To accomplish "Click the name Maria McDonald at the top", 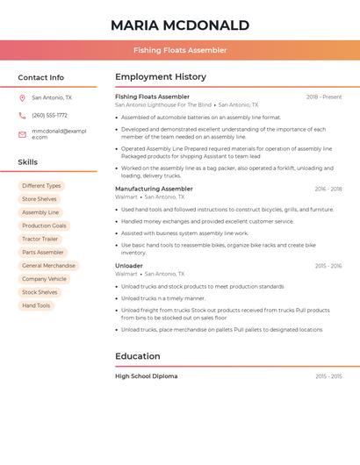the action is pos(180,25).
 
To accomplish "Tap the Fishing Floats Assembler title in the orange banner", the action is pos(180,50).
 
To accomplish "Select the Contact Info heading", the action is pos(41,77).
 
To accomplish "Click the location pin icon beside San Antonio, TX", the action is pos(22,98).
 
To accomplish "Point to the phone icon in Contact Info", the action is pos(22,115).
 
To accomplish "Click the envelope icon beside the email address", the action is pos(22,134).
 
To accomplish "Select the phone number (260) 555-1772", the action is pos(49,115).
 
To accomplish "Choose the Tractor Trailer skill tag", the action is pos(40,239).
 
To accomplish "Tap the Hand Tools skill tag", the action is pos(37,305).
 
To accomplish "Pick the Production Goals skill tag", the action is pos(44,225).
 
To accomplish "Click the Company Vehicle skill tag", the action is pos(44,279).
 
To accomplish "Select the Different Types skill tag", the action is pos(41,185).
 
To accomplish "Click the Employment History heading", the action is pos(161,77).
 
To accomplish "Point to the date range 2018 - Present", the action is pos(324,97).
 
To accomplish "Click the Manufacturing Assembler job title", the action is pos(154,189).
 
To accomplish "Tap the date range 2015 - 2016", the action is pos(328,265).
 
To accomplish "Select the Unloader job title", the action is pos(129,265).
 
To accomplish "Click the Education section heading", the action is pos(138,356).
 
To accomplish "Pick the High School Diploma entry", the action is pos(146,376).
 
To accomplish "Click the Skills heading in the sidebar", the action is pos(28,162).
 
